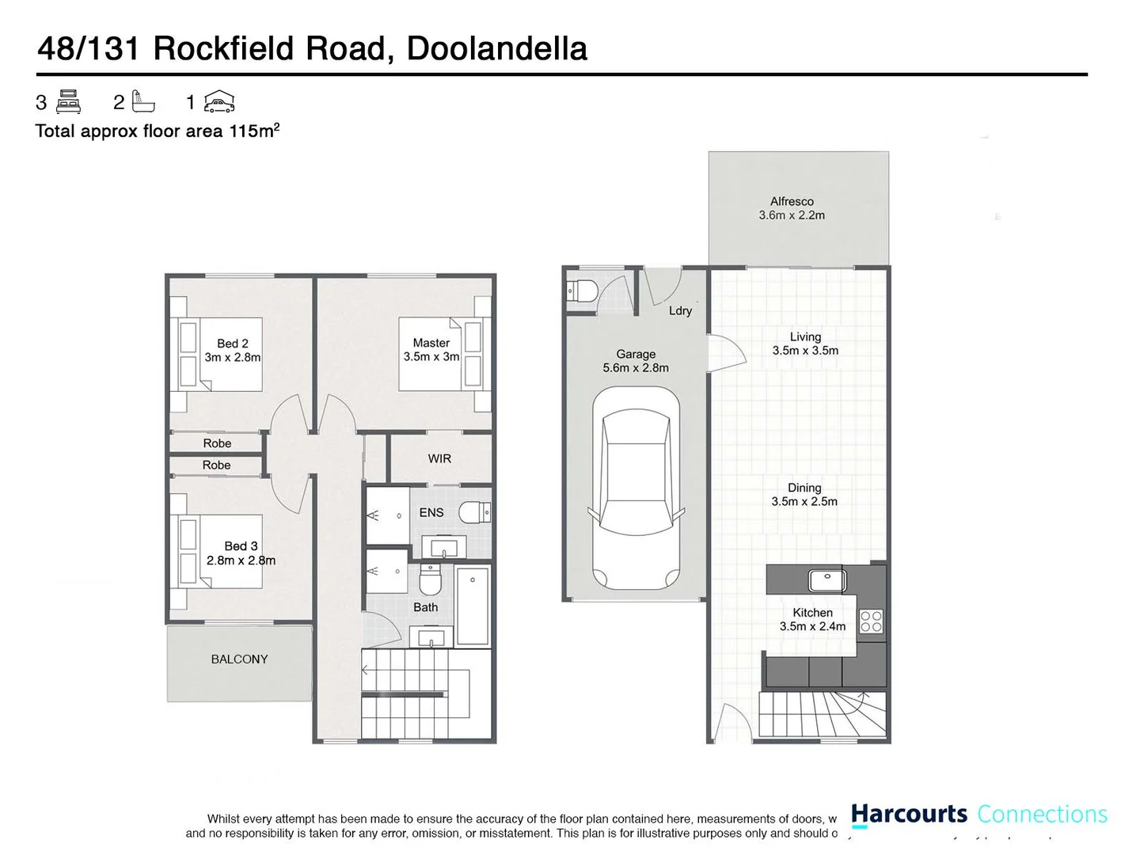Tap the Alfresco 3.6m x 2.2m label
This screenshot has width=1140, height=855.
point(792,208)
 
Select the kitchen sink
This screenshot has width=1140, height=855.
point(827,580)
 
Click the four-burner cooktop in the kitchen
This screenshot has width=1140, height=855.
point(871,621)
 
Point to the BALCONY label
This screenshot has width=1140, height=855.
point(239,659)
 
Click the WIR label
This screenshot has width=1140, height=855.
point(439,458)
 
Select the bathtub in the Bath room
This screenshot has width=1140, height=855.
point(473,605)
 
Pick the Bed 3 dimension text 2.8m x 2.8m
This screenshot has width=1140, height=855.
point(241,560)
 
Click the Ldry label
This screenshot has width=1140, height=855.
point(680,310)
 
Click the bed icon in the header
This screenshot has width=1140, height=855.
point(69,101)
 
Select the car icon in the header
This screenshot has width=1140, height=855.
point(219,101)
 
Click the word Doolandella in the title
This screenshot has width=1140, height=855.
point(496,48)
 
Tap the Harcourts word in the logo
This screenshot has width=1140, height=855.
point(909,814)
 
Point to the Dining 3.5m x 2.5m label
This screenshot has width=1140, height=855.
point(804,495)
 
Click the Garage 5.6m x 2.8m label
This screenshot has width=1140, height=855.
point(636,361)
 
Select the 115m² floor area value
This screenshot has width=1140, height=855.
point(254,131)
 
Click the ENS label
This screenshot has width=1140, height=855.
point(431,512)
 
